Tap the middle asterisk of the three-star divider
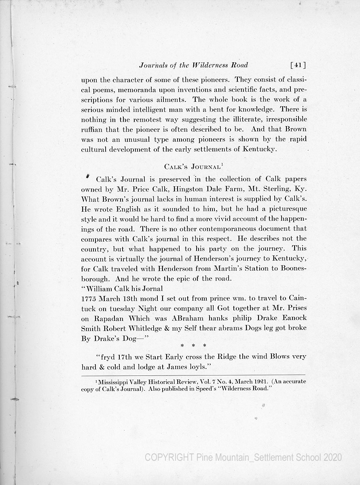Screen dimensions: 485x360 click(193, 346)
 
